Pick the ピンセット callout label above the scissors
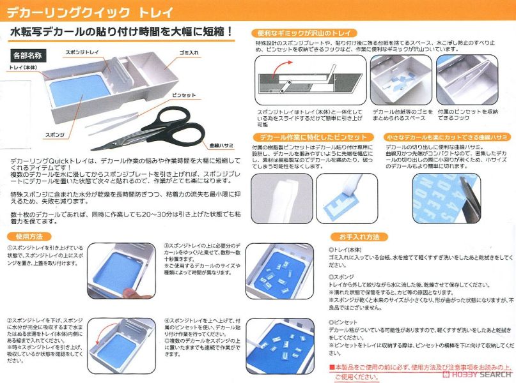click(x=183, y=94)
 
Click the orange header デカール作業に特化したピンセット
click(x=311, y=137)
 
